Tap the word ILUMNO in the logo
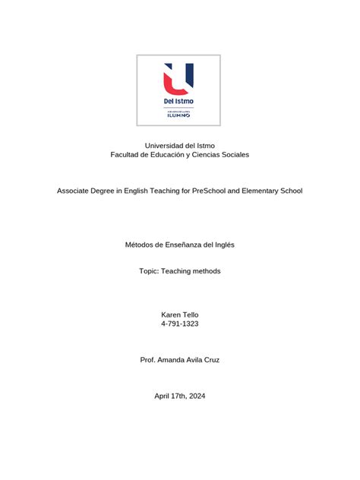178,116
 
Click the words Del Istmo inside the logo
178,101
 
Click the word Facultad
127,154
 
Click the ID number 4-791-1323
180,324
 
